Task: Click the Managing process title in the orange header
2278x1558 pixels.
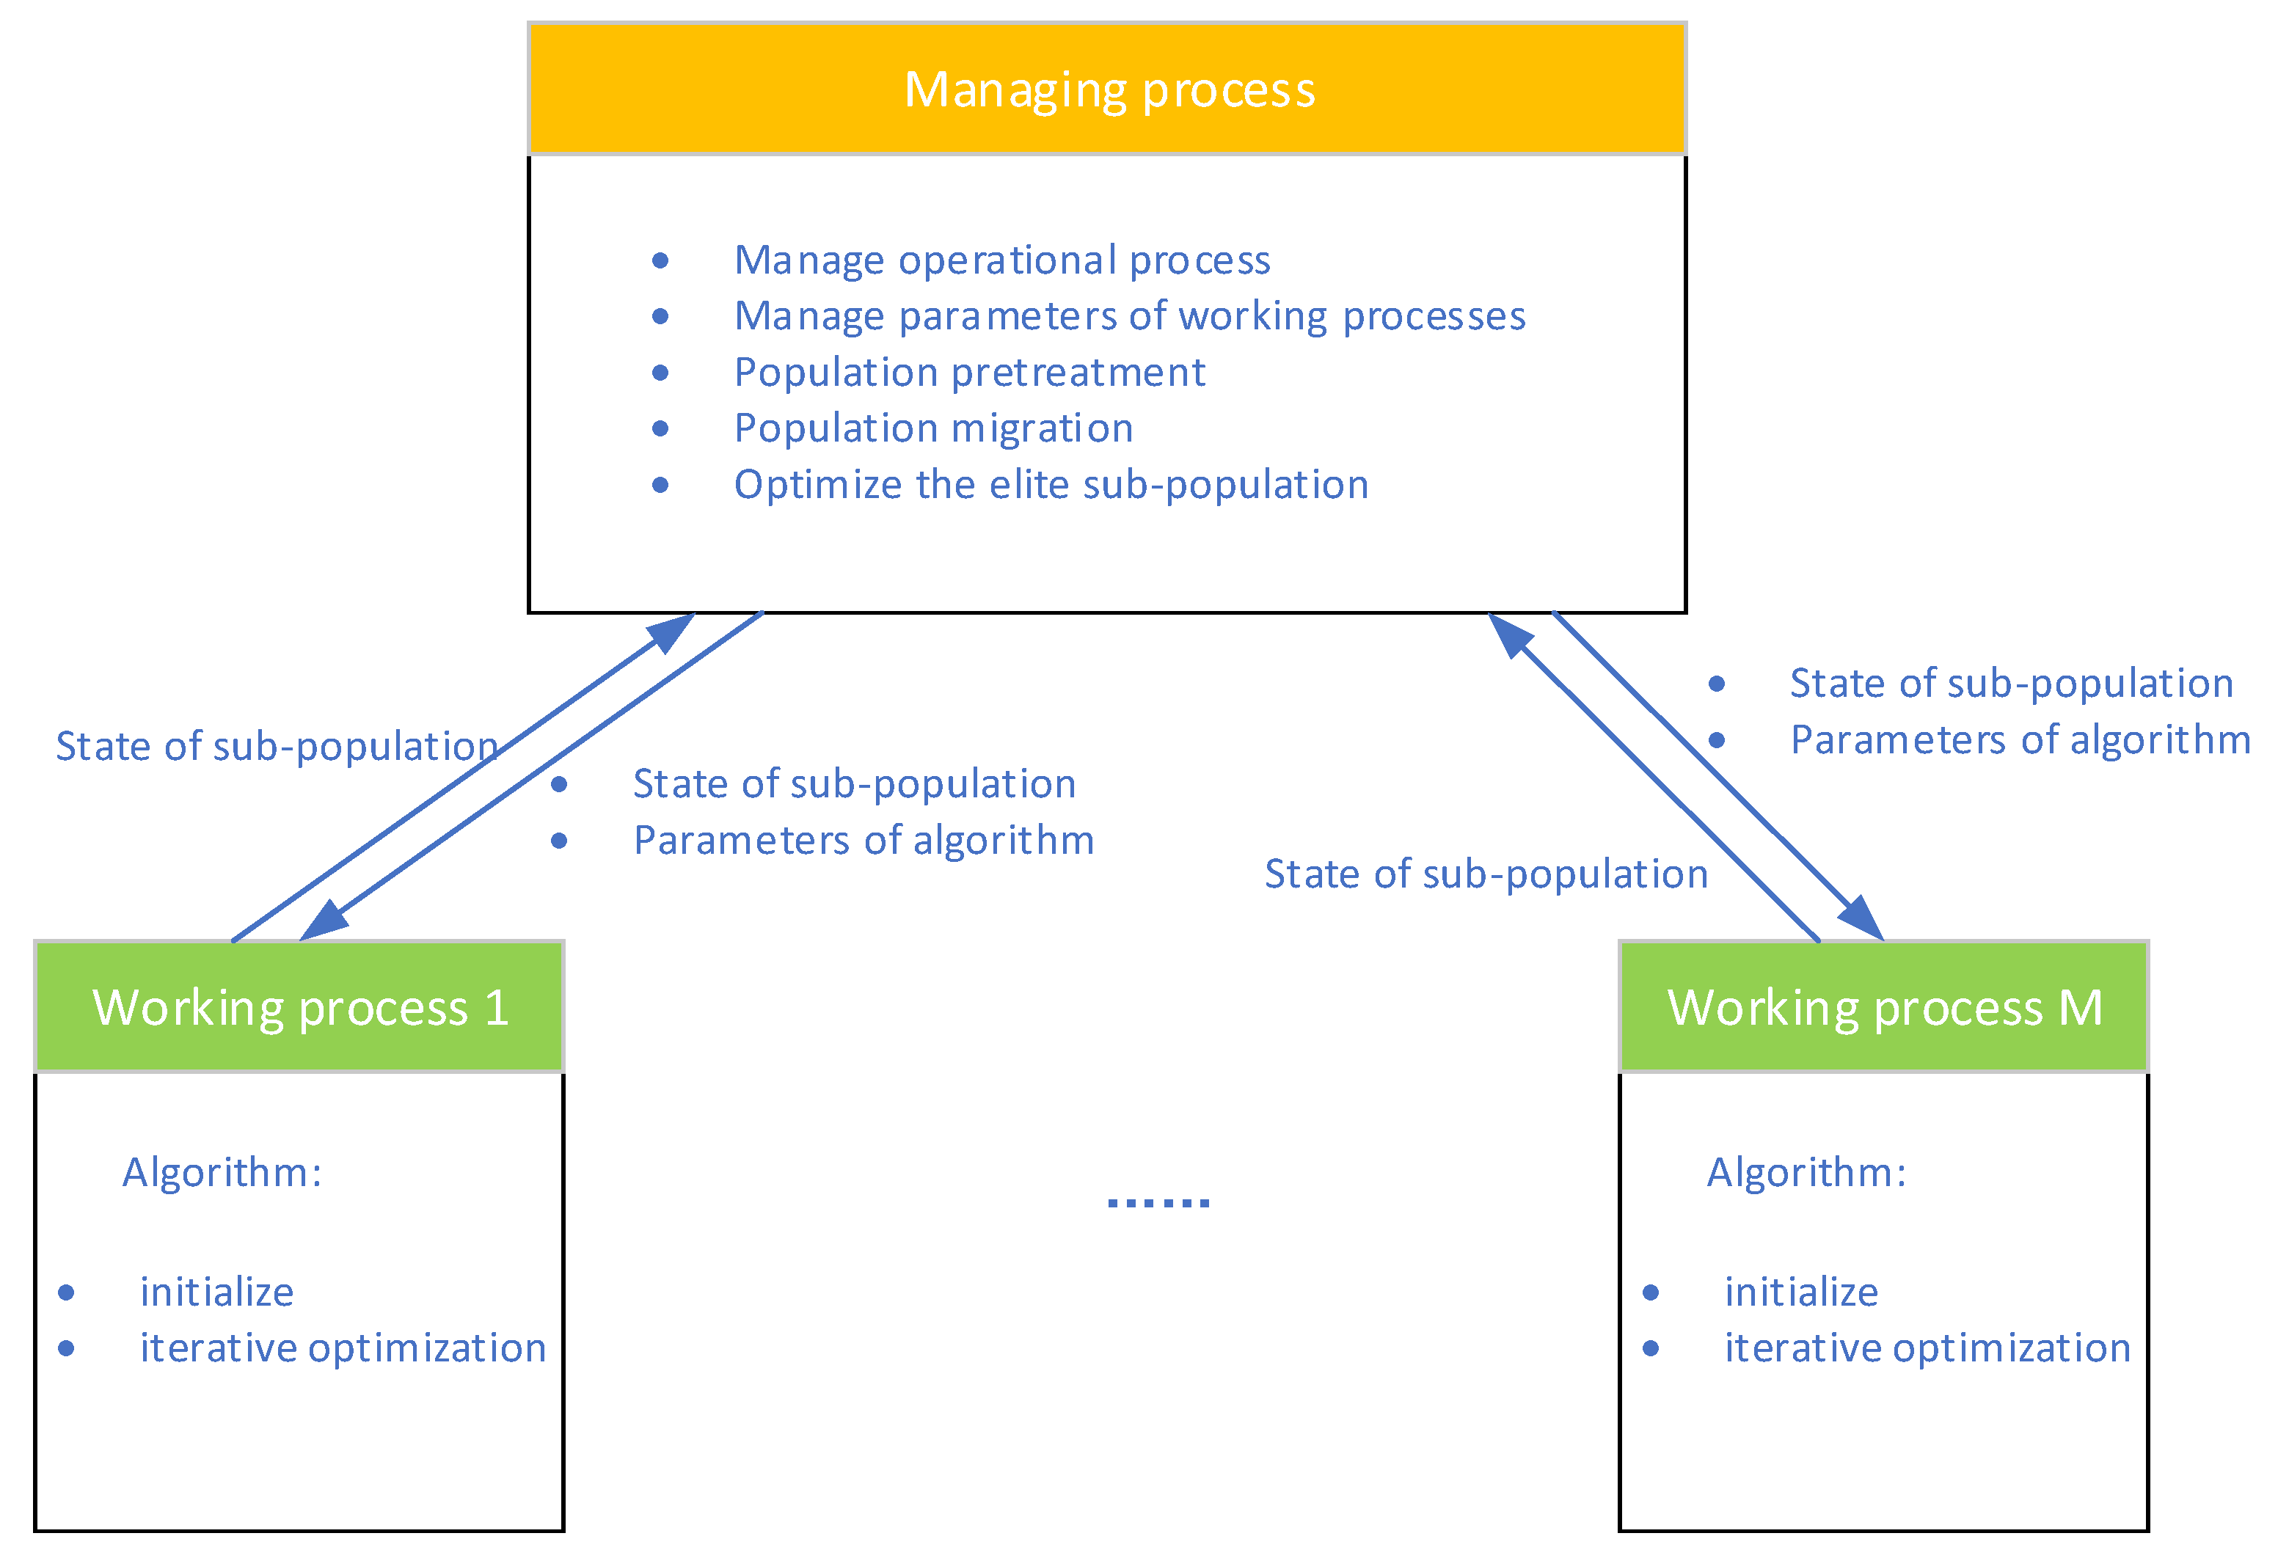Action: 1109,89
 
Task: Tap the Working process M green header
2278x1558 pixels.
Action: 1884,1007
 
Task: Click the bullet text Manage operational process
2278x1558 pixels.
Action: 1001,260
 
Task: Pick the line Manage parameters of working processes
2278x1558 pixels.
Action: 1129,316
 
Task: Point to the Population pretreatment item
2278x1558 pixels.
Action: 969,373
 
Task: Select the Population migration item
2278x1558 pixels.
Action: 933,428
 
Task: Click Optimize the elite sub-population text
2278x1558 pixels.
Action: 1051,485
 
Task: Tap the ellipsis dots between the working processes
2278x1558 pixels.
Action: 1158,1202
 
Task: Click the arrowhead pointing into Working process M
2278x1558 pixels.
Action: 1860,918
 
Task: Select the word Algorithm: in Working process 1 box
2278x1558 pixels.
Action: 222,1172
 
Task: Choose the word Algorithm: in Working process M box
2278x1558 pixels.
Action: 1806,1172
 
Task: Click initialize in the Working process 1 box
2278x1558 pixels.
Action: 216,1292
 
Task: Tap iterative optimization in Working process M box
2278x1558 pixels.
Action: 1927,1348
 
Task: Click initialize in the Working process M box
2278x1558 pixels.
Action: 1802,1292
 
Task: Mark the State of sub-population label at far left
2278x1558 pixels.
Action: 277,747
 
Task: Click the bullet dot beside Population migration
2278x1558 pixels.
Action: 661,428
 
